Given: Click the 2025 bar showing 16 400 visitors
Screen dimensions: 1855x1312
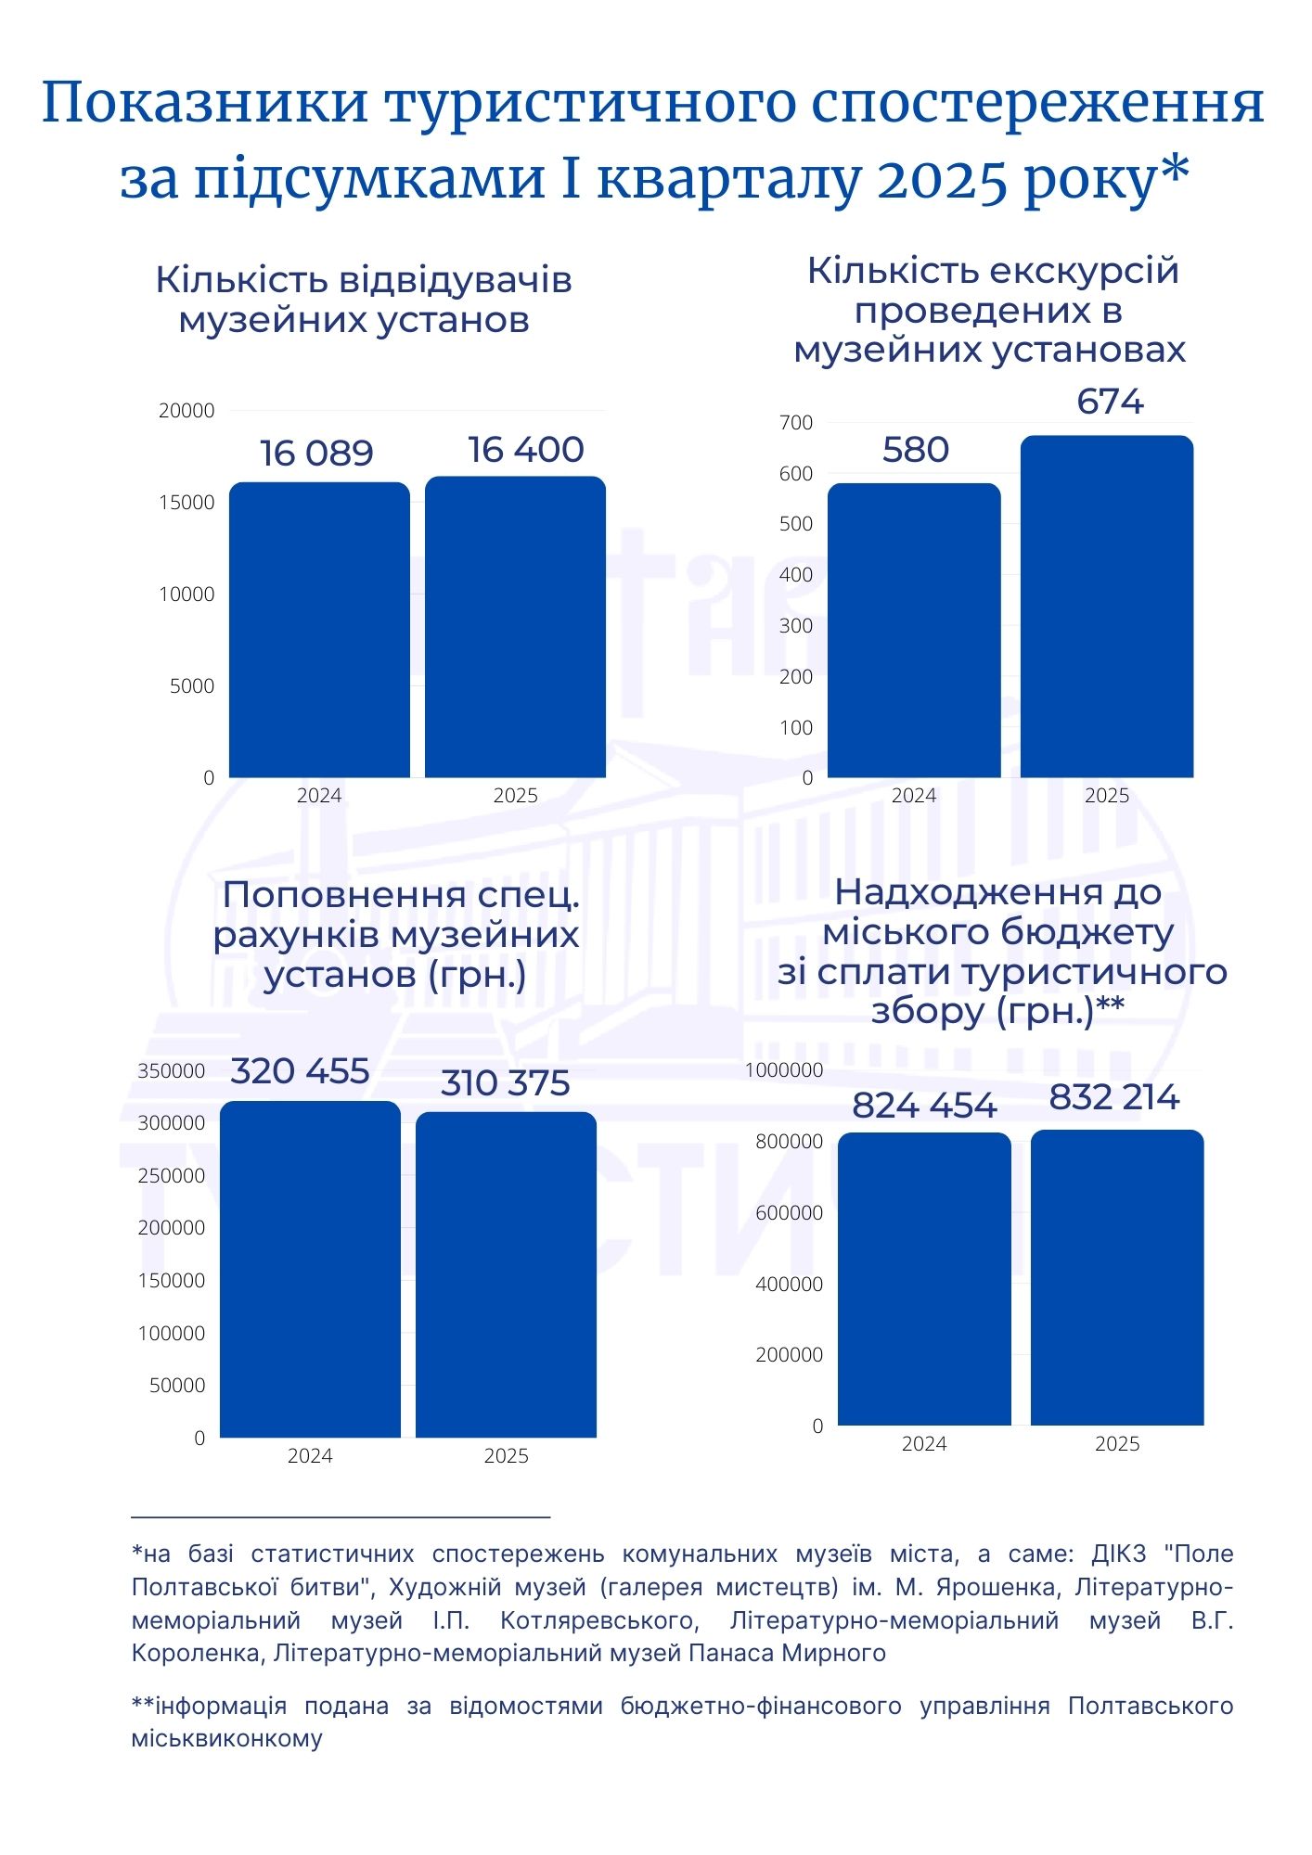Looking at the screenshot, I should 515,627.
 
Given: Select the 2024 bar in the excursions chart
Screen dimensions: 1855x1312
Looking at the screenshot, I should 914,631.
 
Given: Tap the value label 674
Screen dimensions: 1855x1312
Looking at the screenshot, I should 1110,402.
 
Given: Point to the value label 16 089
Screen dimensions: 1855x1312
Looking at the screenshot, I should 316,454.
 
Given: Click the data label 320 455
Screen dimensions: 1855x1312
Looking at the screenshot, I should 300,1071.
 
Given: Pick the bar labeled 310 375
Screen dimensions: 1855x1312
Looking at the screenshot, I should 506,1274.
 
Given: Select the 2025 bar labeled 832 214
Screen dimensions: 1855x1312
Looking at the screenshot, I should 1117,1277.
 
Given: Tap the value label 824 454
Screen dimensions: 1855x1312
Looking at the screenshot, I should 924,1106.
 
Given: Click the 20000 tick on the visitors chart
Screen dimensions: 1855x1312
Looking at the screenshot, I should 187,411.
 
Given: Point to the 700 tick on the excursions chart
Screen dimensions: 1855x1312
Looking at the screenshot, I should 796,423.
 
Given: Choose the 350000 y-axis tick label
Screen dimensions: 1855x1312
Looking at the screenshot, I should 172,1071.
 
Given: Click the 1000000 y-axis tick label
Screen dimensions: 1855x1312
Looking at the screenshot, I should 784,1070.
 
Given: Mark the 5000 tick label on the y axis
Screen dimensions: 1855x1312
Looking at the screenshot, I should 192,686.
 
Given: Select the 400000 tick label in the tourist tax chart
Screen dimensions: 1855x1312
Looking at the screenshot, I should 789,1285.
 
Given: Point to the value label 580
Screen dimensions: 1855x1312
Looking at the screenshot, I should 915,450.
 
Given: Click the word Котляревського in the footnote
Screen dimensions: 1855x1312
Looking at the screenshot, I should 598,1620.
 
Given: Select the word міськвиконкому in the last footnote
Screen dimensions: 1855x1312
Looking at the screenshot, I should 227,1738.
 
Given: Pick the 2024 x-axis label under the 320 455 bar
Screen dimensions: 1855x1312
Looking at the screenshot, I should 310,1455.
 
